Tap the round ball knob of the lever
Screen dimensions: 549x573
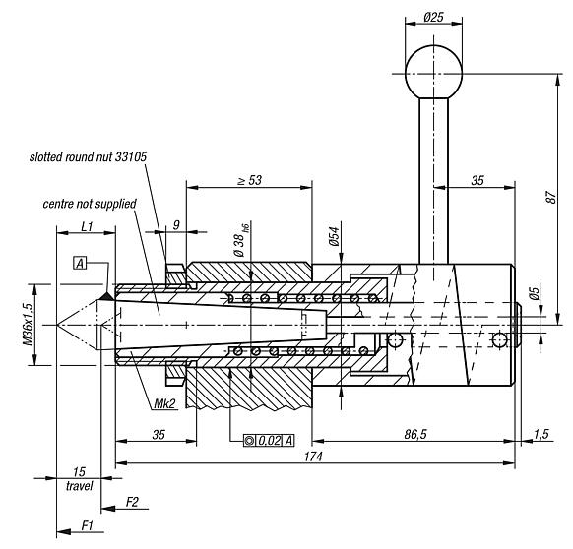point(433,68)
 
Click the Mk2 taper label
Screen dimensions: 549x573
point(164,404)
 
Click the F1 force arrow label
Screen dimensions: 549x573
point(88,524)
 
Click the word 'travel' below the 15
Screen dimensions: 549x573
point(79,485)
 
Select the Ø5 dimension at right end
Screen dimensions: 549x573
point(533,291)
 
